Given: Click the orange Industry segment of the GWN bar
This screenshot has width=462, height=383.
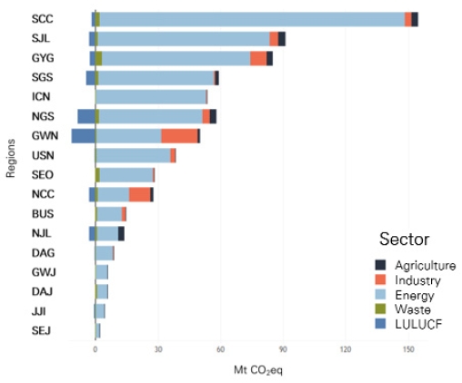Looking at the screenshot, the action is tap(179, 136).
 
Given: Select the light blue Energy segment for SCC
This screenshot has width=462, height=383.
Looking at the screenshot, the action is tap(252, 19).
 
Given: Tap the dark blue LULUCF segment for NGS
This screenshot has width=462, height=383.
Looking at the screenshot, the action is tap(86, 116).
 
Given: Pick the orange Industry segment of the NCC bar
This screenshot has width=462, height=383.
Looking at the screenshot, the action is tap(139, 194).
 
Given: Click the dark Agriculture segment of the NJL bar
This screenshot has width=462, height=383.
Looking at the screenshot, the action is tap(121, 233).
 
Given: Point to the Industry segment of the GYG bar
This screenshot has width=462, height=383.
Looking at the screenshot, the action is tap(258, 58).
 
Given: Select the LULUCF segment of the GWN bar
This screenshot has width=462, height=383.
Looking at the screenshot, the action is tap(84, 136).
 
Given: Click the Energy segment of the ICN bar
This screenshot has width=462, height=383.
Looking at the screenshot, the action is tap(151, 97).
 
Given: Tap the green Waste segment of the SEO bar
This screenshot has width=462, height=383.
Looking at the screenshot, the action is tap(97, 175).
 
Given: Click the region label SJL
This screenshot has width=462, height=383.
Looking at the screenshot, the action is tap(41, 38).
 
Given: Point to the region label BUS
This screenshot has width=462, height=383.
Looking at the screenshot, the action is tap(43, 214).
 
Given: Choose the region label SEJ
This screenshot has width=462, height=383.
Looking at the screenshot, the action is tap(41, 330).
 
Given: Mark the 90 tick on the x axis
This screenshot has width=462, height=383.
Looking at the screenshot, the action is tap(283, 349).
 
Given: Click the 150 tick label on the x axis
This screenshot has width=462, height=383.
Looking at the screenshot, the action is tap(408, 349).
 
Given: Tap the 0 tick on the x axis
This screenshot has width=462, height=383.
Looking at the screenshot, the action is tap(95, 349).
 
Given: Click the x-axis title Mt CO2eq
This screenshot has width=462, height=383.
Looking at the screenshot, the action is tap(258, 370).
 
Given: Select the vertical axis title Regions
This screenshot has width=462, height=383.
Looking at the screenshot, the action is tap(11, 158).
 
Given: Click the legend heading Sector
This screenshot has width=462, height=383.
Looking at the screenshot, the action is tap(405, 239).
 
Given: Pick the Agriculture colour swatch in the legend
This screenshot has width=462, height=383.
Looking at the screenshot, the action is tap(380, 265).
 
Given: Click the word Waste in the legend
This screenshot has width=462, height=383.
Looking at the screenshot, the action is tap(413, 309).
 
